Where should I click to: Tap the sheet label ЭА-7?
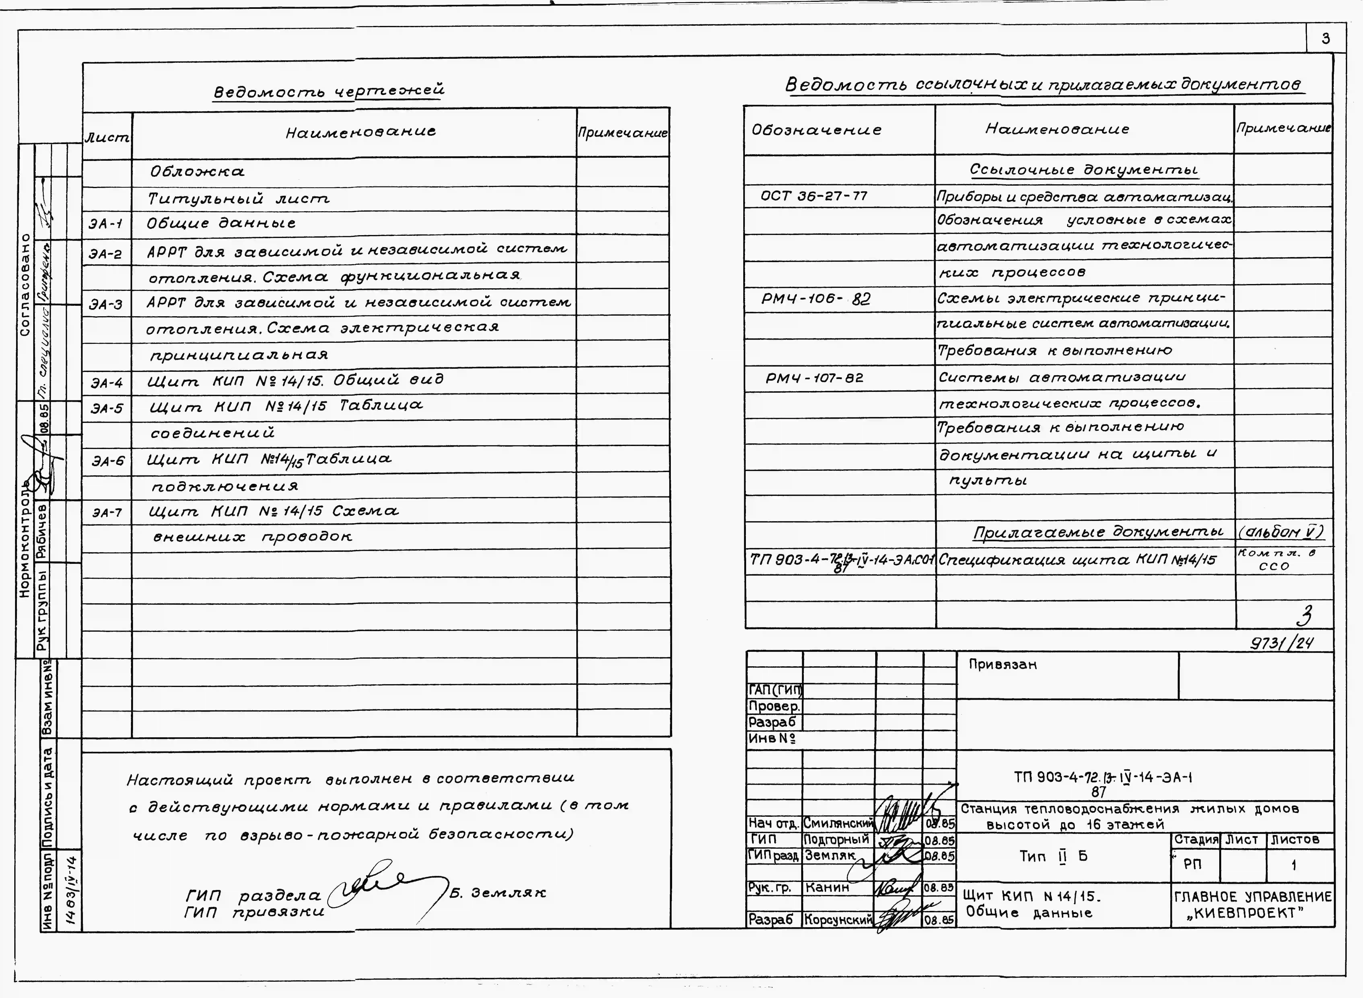[107, 513]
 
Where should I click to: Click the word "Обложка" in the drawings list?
[198, 172]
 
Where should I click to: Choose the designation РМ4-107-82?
[814, 378]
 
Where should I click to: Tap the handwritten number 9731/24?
[1282, 643]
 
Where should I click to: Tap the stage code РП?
[1193, 864]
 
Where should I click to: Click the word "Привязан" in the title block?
[1003, 664]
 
